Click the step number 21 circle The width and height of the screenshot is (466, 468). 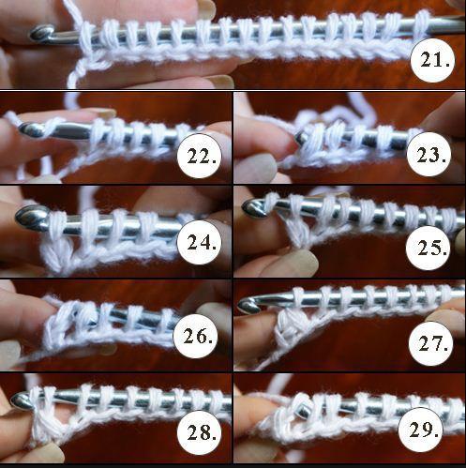tap(432, 60)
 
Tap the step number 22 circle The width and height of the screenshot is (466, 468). tap(200, 156)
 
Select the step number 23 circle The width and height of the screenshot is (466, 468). tap(429, 154)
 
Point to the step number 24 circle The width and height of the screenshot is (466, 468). tap(199, 242)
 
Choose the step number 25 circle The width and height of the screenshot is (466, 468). tap(429, 248)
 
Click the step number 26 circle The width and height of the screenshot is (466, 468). tap(196, 336)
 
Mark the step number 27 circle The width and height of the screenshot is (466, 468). tap(430, 343)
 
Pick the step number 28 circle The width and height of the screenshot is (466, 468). tap(200, 433)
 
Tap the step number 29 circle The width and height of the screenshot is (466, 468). tap(420, 430)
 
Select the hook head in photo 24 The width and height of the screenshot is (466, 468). tap(31, 218)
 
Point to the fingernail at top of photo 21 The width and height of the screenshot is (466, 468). tap(206, 7)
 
